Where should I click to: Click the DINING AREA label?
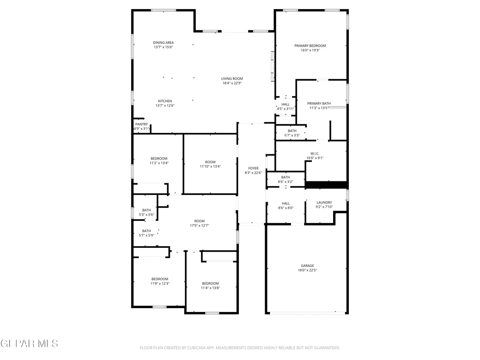click(x=163, y=42)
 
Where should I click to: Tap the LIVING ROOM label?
click(x=232, y=79)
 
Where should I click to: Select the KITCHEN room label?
click(x=165, y=101)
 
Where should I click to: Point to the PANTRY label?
click(x=141, y=124)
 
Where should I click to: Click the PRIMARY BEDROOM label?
click(x=310, y=46)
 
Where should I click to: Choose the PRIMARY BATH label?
click(x=319, y=104)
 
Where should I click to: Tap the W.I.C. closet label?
click(x=315, y=154)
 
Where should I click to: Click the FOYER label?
click(x=253, y=169)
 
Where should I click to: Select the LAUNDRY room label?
click(x=324, y=202)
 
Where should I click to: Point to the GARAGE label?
click(x=307, y=266)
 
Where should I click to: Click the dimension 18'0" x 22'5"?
click(x=307, y=270)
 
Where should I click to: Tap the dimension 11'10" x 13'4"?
click(x=210, y=166)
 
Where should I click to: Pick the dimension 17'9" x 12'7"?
click(x=199, y=226)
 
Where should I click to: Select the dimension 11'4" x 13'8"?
click(x=210, y=288)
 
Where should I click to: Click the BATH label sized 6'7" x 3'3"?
click(x=292, y=131)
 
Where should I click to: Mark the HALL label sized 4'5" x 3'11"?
click(x=285, y=104)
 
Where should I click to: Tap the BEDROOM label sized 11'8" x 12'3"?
click(x=160, y=279)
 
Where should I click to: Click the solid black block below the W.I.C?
click(x=326, y=185)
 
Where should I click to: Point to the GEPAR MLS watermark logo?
click(x=29, y=344)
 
